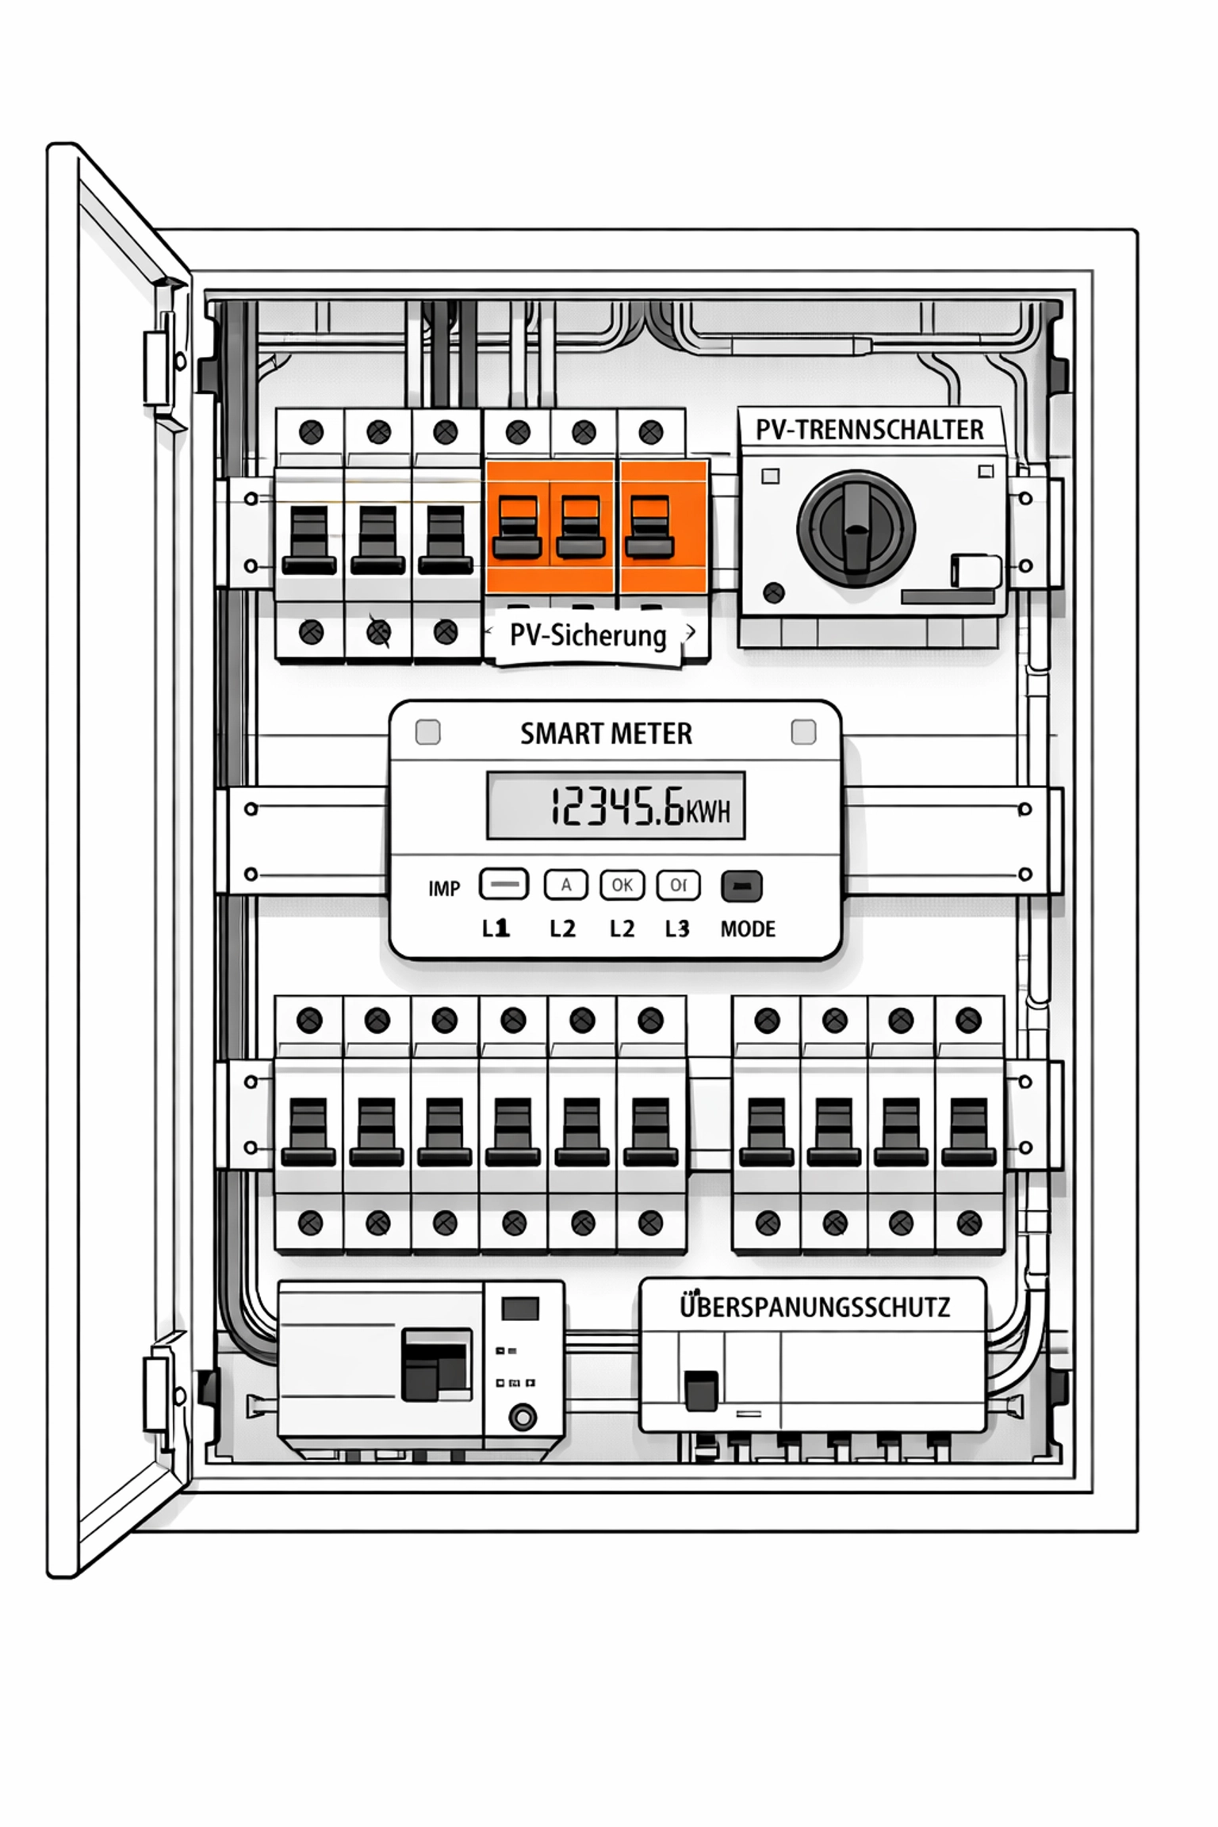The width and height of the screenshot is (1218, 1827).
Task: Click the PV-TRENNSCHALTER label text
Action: pyautogui.click(x=869, y=430)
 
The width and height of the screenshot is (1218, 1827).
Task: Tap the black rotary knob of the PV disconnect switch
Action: pyautogui.click(x=856, y=527)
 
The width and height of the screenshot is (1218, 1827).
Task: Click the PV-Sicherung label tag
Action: pyautogui.click(x=588, y=636)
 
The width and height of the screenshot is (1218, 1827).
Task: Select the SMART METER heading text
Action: pyautogui.click(x=606, y=733)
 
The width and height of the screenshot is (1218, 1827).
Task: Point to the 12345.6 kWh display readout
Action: pyautogui.click(x=616, y=806)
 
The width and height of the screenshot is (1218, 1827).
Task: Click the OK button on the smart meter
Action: pyautogui.click(x=622, y=885)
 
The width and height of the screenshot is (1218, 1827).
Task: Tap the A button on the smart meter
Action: pyautogui.click(x=565, y=885)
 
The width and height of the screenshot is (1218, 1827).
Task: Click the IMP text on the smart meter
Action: pyautogui.click(x=443, y=889)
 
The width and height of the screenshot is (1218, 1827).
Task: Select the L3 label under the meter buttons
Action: pyautogui.click(x=676, y=929)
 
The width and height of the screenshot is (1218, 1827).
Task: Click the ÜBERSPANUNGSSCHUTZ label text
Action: pyautogui.click(x=814, y=1306)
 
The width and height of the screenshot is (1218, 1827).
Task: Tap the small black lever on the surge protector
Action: pyautogui.click(x=701, y=1391)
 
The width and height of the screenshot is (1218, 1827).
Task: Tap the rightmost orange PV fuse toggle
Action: pyautogui.click(x=649, y=527)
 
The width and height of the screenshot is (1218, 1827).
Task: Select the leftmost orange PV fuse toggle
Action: pyautogui.click(x=517, y=527)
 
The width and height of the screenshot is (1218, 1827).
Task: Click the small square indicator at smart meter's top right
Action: pyautogui.click(x=803, y=732)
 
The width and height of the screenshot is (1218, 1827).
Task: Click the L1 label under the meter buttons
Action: pyautogui.click(x=496, y=929)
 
